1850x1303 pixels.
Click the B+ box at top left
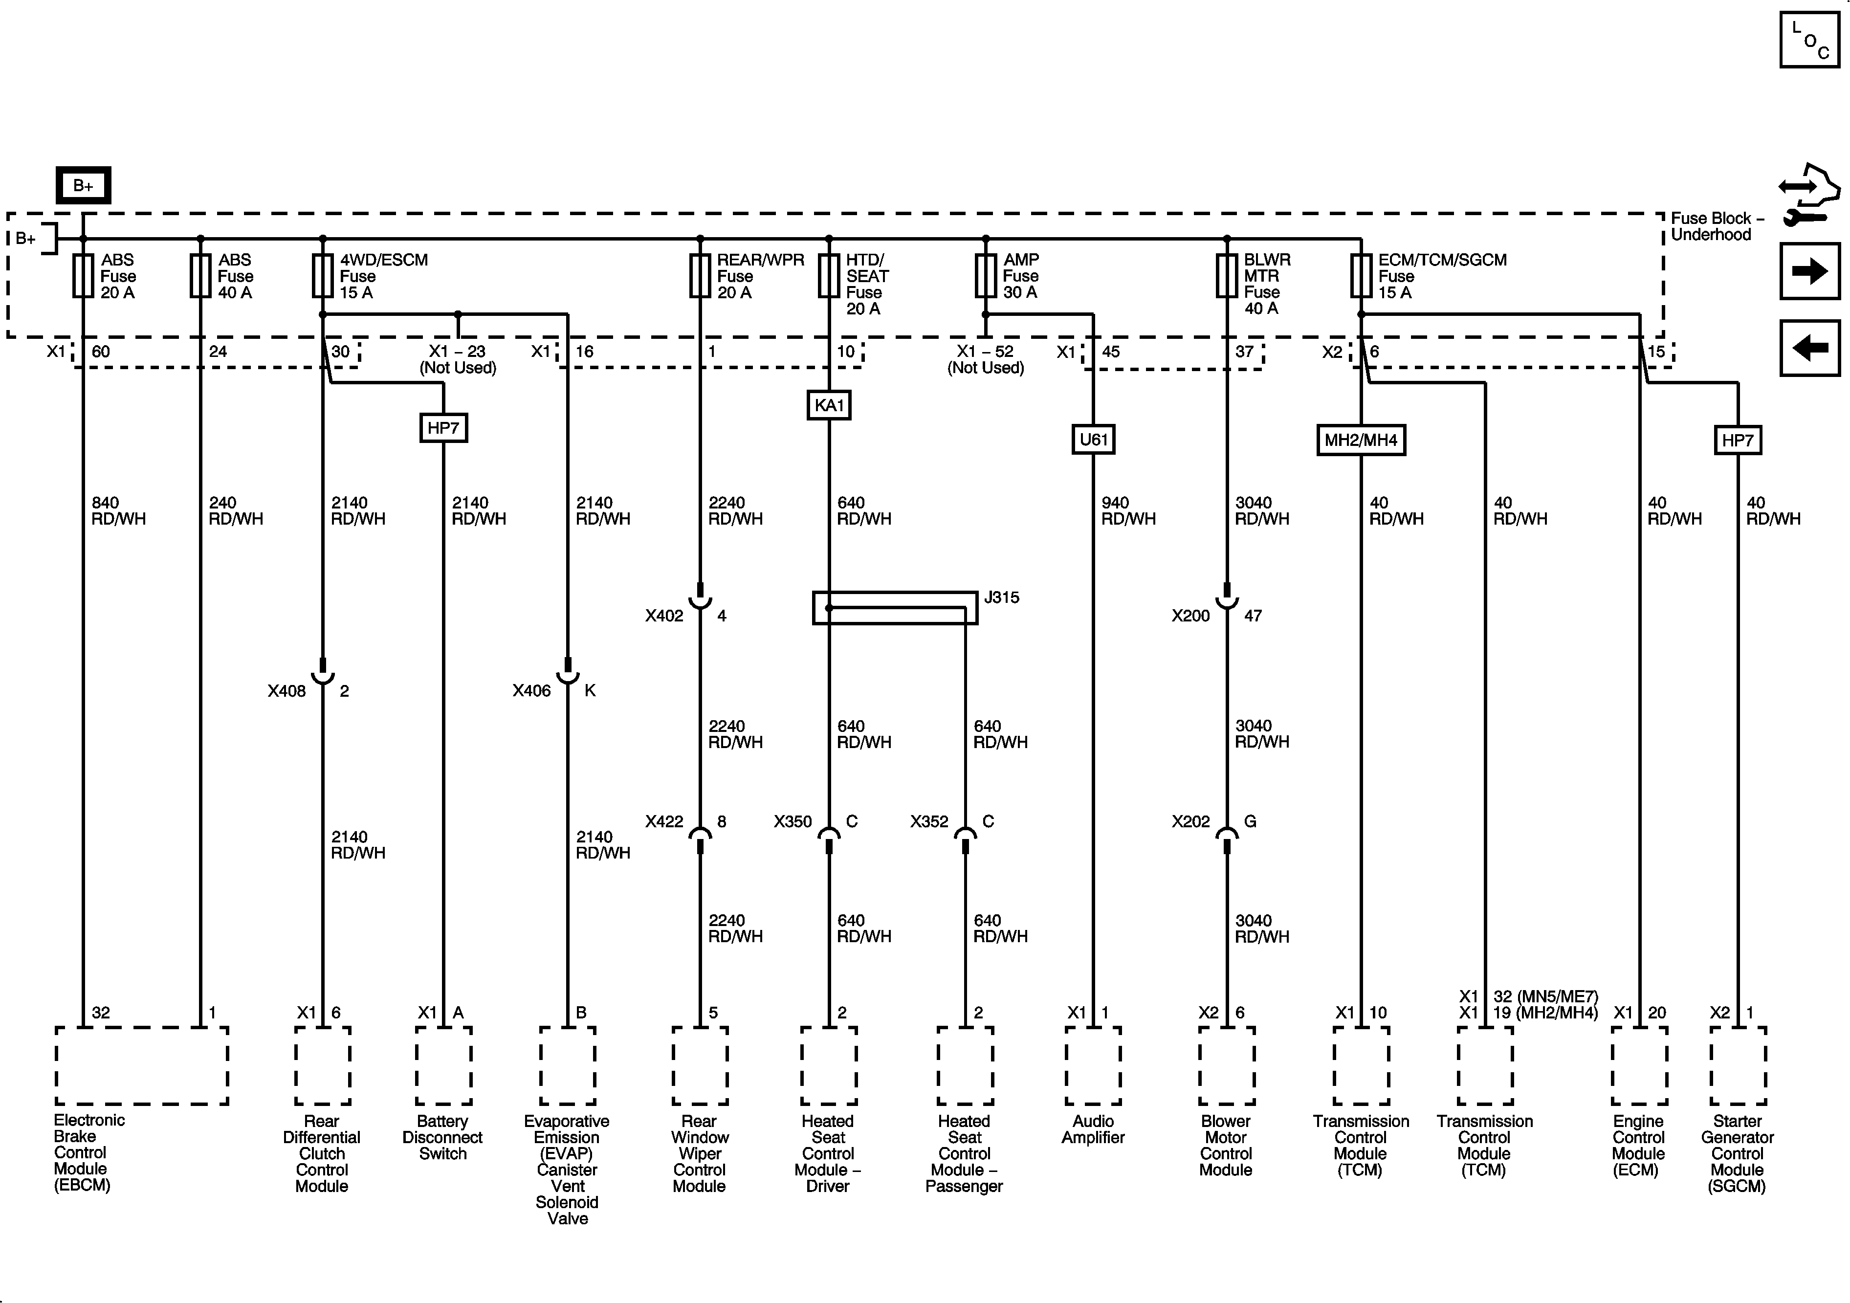point(83,185)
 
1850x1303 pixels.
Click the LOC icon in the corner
point(1810,40)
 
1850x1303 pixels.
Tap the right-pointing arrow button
point(1810,271)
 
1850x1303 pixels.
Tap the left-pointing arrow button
point(1810,348)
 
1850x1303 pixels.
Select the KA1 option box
point(829,405)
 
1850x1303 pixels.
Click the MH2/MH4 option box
point(1361,440)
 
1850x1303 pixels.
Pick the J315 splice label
point(1002,597)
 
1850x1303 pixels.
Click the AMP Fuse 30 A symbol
point(986,276)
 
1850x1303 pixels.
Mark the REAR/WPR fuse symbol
point(700,276)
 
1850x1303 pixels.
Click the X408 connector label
point(287,690)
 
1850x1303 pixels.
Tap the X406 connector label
point(532,690)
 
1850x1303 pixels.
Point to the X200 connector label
point(1191,616)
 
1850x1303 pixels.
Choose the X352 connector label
point(930,821)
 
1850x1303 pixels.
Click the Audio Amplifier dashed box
point(1093,1065)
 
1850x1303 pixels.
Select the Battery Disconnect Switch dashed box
point(443,1065)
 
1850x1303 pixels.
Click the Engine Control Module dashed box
point(1639,1065)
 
